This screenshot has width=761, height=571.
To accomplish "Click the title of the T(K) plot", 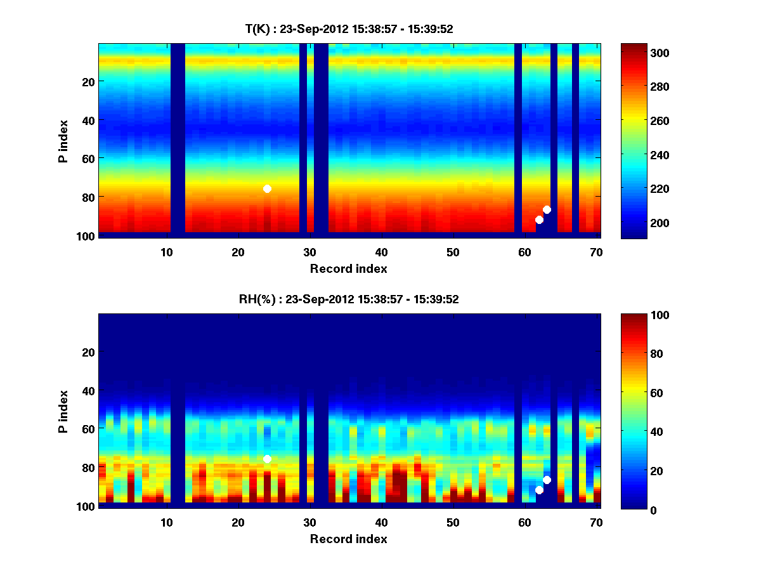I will point(349,29).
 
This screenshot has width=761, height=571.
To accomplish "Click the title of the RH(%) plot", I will point(349,299).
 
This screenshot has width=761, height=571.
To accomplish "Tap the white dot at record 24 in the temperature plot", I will point(267,188).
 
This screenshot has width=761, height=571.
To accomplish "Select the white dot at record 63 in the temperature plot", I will point(547,209).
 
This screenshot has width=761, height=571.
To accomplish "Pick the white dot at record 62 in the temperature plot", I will point(539,220).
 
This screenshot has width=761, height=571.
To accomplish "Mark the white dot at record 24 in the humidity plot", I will point(267,459).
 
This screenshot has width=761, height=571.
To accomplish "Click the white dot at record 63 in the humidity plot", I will point(547,480).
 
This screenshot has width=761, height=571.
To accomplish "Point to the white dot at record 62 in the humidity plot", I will point(539,490).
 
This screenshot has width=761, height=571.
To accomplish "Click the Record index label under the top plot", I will point(349,268).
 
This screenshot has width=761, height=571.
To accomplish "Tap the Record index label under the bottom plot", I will point(349,539).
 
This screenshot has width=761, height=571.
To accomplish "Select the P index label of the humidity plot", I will point(63,412).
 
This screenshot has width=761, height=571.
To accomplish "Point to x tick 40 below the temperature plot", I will point(381,252).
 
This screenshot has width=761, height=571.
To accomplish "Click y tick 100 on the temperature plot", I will point(87,236).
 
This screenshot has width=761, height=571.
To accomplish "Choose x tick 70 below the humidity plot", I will point(596,522).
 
